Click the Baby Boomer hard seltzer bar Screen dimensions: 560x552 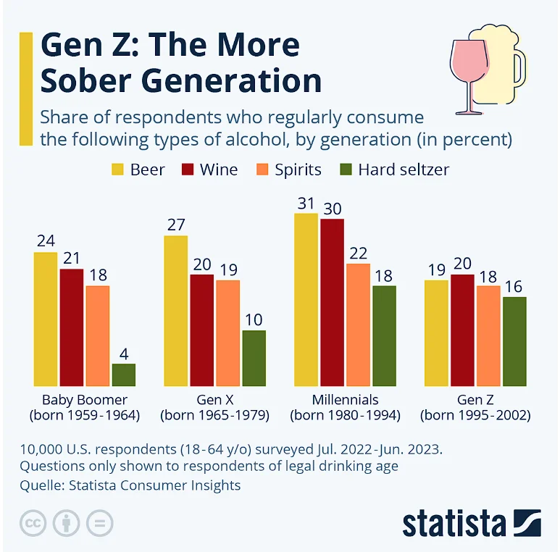coord(124,375)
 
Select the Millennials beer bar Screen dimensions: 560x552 coord(306,300)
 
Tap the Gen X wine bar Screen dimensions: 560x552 coord(202,330)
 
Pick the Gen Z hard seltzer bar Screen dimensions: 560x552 coord(514,341)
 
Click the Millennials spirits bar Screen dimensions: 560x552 coord(358,325)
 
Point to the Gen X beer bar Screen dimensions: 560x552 coord(176,311)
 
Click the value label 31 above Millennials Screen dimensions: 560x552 coord(306,204)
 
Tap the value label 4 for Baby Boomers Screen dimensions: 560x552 coord(124,354)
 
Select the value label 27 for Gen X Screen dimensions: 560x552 coord(176,225)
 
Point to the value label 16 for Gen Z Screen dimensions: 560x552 coord(514,287)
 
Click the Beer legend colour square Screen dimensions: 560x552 coord(117,170)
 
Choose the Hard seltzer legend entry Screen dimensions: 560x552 coord(395,170)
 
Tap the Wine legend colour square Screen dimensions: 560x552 coord(188,170)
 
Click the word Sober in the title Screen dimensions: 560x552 coord(89,80)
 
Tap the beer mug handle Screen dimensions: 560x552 coord(521,68)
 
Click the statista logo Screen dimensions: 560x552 coord(472,523)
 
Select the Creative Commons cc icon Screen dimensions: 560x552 coord(33,523)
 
